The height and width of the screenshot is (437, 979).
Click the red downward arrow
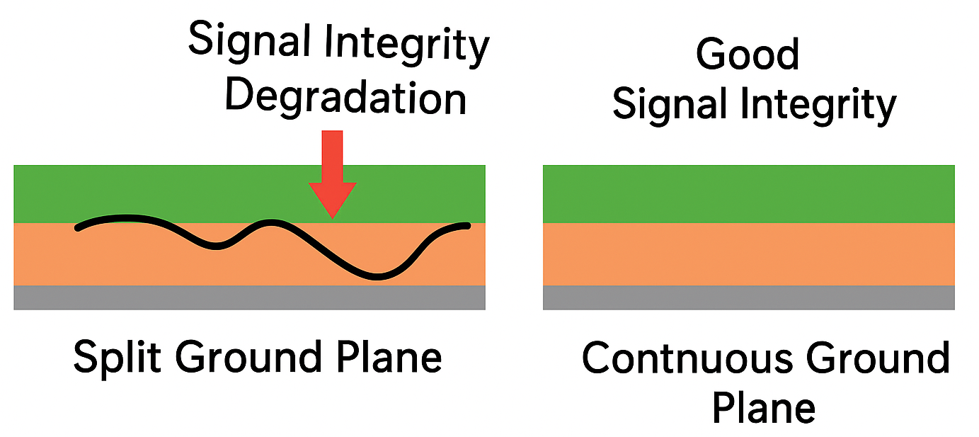pyautogui.click(x=332, y=170)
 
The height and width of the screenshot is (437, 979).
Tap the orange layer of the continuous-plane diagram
pyautogui.click(x=748, y=254)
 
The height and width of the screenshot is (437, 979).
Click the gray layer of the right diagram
pyautogui.click(x=748, y=297)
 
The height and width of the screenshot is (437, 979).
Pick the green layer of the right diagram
pyautogui.click(x=748, y=193)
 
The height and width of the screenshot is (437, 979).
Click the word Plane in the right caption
pyautogui.click(x=763, y=408)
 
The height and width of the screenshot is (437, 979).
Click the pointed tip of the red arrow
pyautogui.click(x=332, y=215)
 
